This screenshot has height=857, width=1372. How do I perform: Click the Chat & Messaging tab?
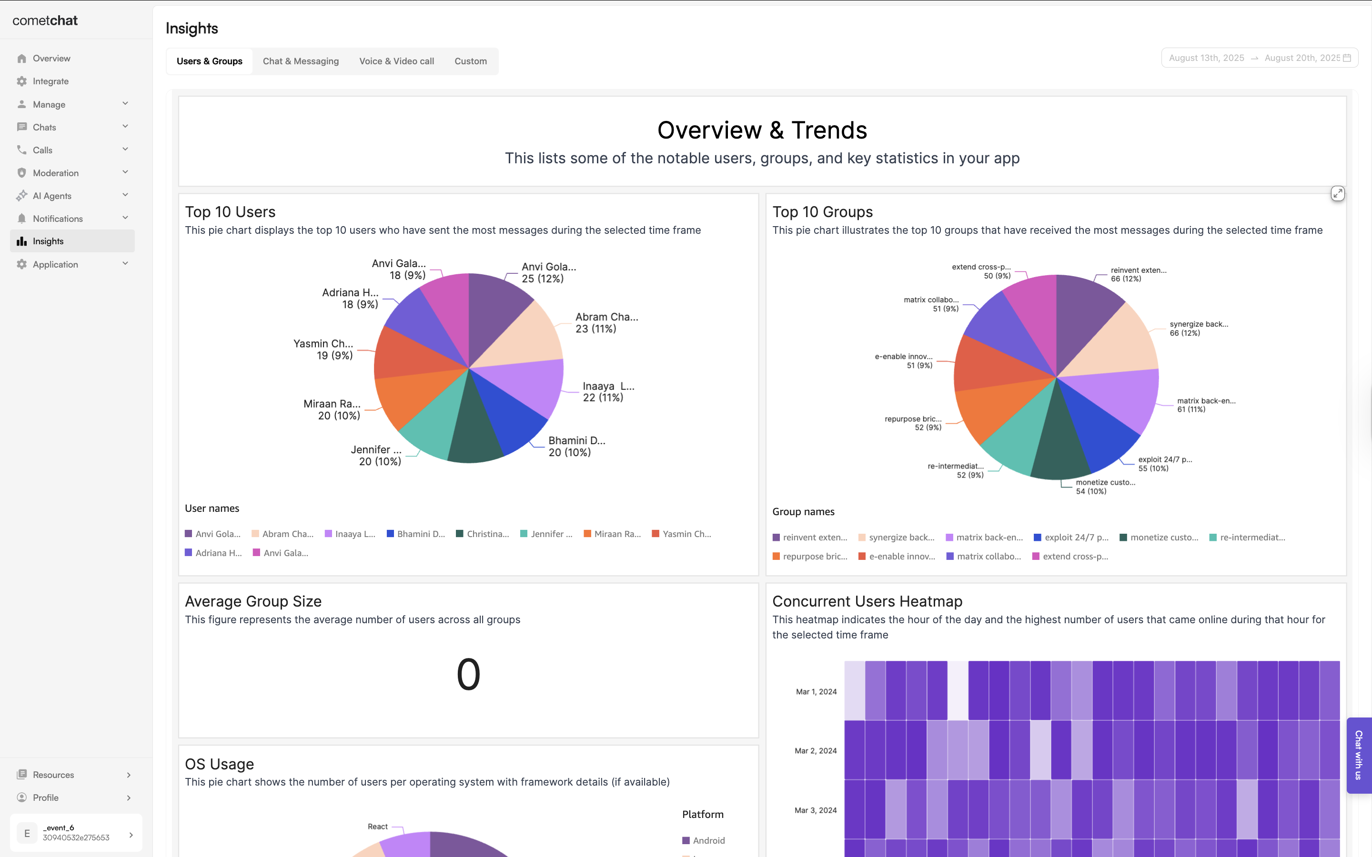tap(301, 61)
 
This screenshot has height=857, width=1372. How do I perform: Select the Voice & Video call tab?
tap(396, 61)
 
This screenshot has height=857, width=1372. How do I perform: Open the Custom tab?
tap(471, 61)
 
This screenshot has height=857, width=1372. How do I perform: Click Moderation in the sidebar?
tap(56, 173)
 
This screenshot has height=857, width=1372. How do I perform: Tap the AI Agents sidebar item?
tap(52, 196)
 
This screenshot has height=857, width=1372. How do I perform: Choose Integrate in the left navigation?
tap(50, 81)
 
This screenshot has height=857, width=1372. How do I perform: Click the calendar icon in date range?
tap(1347, 58)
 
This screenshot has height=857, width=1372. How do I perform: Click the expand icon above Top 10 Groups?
tap(1337, 194)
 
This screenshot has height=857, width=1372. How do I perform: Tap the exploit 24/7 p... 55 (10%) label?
tap(1164, 464)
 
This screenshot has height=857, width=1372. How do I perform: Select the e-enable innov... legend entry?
tap(901, 557)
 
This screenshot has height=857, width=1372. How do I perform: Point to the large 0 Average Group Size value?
tap(468, 675)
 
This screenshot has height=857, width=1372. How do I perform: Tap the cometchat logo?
tap(45, 20)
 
